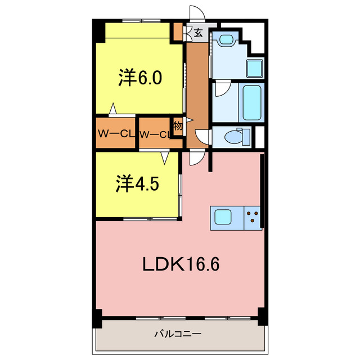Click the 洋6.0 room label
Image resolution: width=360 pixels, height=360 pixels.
coord(140,78)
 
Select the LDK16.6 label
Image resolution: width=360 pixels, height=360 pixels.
coord(180,263)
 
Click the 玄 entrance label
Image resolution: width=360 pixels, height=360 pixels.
coord(198,33)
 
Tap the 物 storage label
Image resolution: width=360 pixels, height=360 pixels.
coord(178,126)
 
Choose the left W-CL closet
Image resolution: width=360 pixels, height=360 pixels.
coord(115,134)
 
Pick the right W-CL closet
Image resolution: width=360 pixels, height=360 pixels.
coord(155,134)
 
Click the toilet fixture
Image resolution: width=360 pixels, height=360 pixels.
coord(234,136)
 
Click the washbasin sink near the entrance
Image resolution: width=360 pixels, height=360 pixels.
coord(226,39)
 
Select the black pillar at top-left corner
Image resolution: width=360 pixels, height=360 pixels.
coord(99,31)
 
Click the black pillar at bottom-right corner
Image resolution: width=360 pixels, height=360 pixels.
coord(261,317)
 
